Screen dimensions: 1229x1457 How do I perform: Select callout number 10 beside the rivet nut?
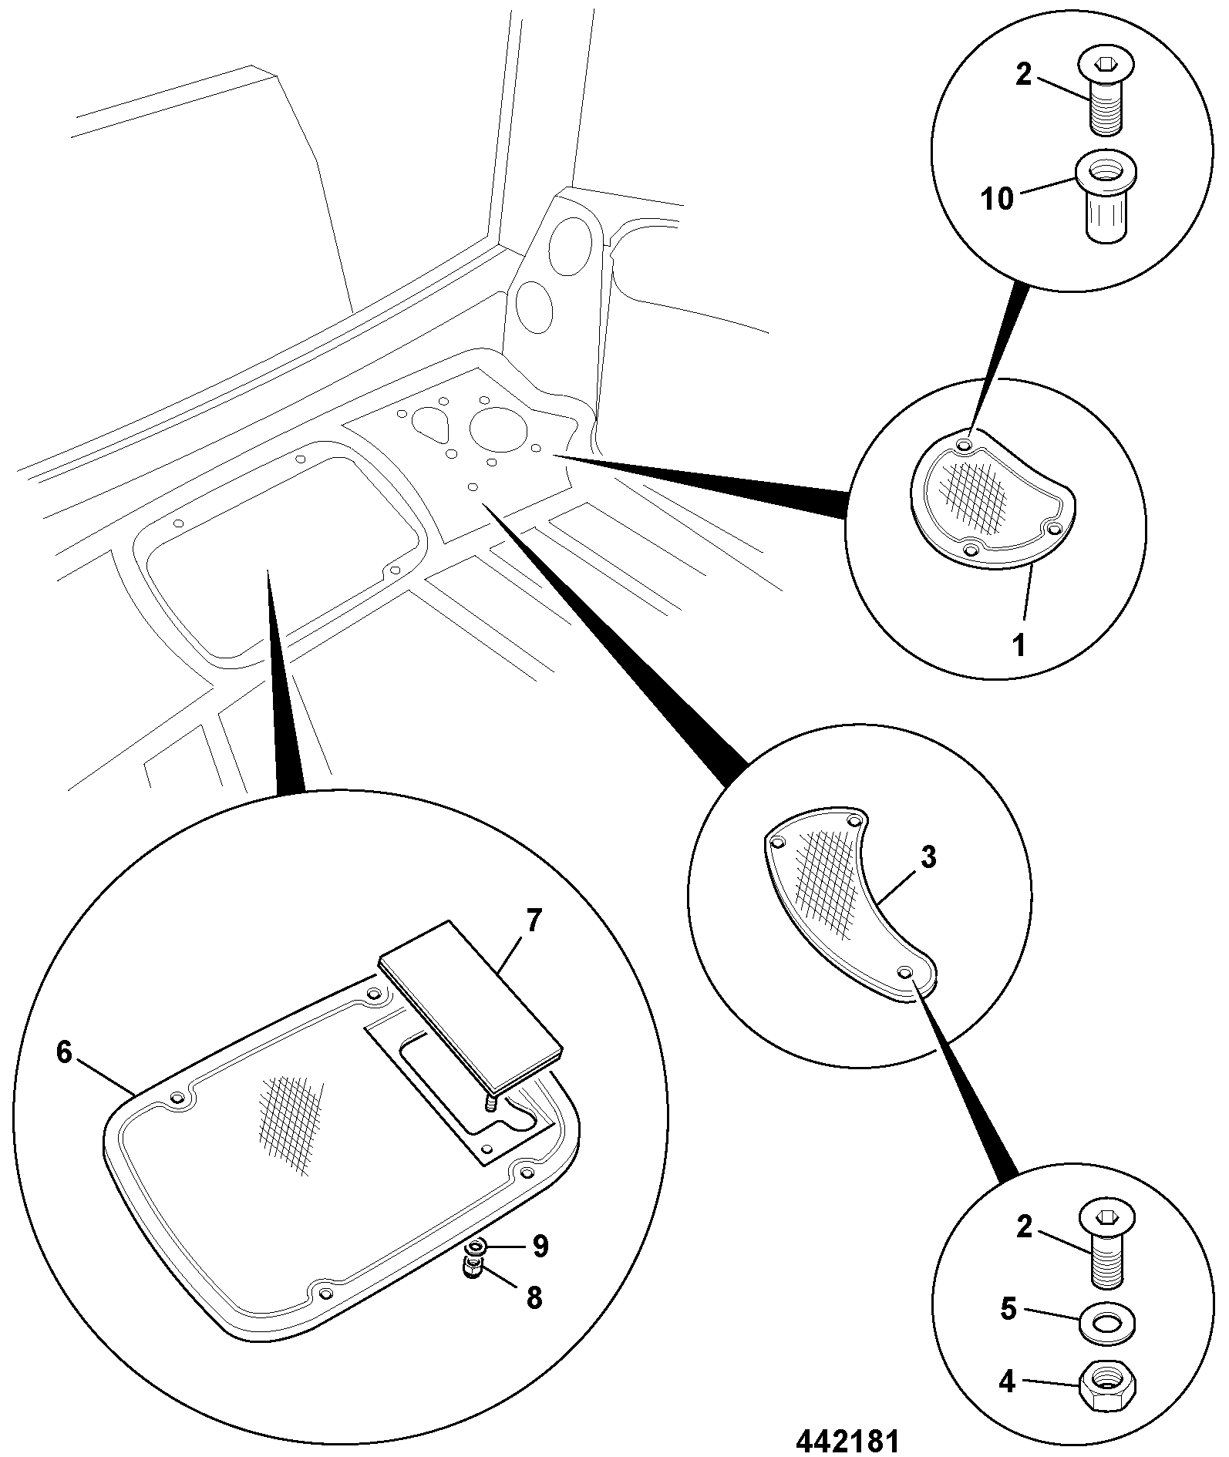996,199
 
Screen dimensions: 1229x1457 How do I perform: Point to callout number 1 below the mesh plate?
1019,644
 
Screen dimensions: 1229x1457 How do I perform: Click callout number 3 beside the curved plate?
928,856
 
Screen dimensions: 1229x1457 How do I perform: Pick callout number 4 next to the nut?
1008,1381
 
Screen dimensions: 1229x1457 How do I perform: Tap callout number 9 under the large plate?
540,1245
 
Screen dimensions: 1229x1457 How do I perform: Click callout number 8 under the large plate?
534,1298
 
